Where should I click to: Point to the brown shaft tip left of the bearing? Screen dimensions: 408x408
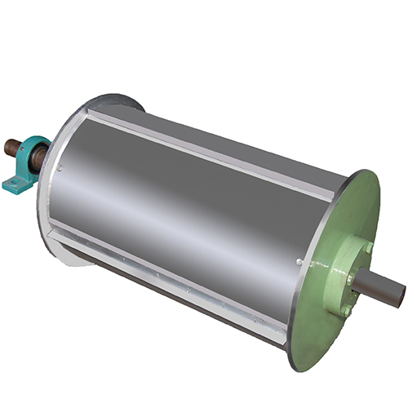coord(10,148)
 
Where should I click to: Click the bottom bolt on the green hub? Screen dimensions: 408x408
coord(345,311)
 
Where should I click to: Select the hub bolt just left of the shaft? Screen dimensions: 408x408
coord(349,278)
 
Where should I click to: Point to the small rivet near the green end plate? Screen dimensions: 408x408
coord(300,262)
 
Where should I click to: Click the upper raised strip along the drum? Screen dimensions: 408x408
coord(212,155)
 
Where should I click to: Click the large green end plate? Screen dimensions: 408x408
coord(326,318)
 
